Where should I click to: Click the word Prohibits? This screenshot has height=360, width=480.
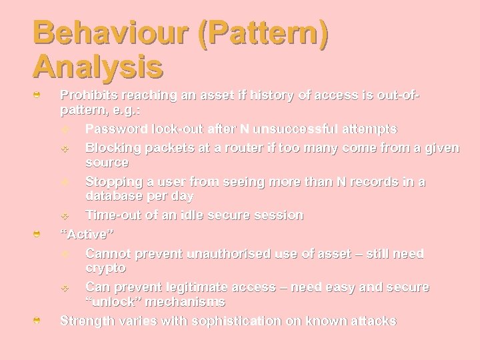tap(91, 95)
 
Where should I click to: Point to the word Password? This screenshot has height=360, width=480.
tap(117, 128)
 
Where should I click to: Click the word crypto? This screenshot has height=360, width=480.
tap(105, 267)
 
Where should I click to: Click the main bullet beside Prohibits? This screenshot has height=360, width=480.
tap(39, 97)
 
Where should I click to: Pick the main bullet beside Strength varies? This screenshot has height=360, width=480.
tap(39, 321)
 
